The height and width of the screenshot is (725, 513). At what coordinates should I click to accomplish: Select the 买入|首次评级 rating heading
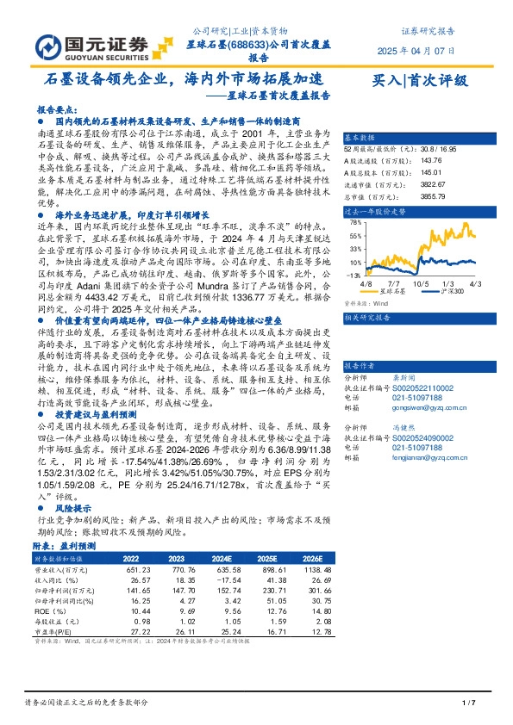pos(419,82)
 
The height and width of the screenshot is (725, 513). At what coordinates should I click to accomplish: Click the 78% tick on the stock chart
pos(353,222)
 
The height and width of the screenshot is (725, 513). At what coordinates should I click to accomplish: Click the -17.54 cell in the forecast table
pos(227,580)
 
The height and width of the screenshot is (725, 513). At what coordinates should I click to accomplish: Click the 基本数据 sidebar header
pos(360,138)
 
